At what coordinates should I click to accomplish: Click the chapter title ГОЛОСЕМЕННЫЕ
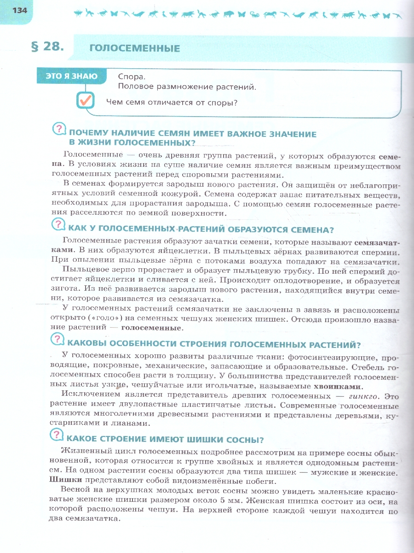[134, 48]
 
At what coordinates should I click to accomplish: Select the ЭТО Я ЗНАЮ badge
[72, 76]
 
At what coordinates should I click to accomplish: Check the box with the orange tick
[86, 100]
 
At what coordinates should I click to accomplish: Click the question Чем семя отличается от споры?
[172, 102]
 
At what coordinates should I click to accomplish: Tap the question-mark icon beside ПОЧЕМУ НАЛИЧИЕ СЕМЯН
[59, 129]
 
